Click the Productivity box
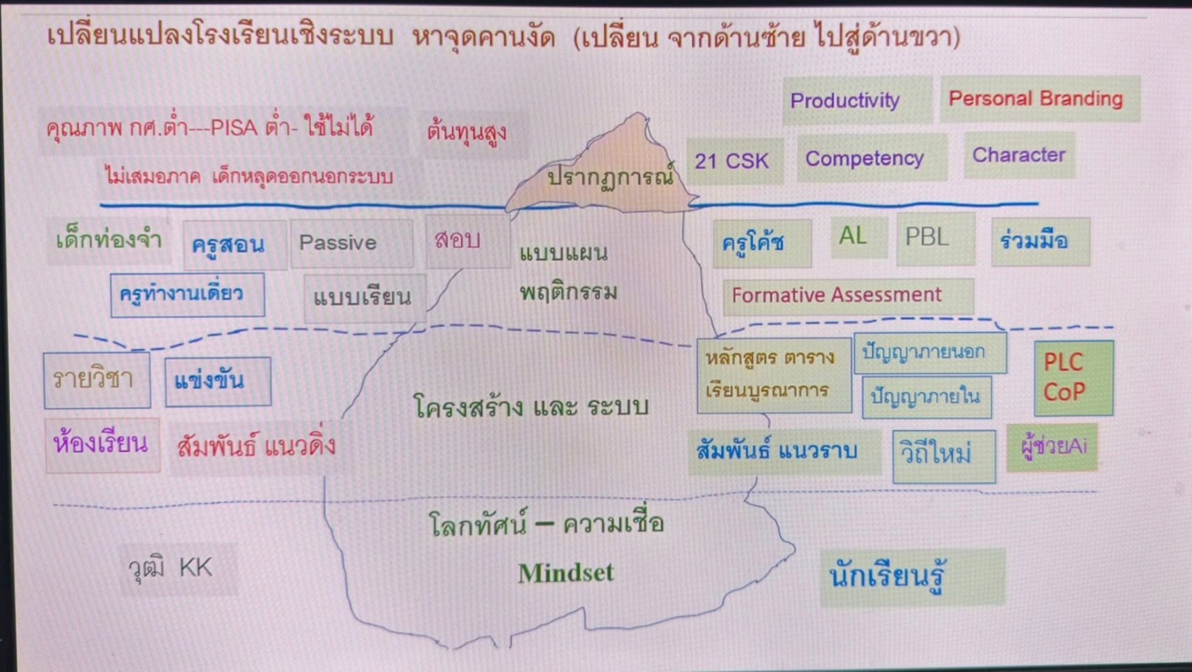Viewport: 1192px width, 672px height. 858,100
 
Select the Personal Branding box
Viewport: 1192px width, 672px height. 1040,99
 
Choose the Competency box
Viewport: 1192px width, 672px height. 872,158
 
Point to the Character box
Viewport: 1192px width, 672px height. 1019,155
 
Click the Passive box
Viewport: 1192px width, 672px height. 352,244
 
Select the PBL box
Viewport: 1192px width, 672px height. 935,239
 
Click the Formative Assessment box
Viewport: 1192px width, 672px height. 849,295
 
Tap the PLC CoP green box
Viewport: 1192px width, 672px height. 1073,378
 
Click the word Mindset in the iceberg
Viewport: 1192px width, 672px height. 566,573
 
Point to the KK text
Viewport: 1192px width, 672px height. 196,568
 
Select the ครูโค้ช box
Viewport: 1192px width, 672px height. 762,244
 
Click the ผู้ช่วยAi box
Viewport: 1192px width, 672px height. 1052,447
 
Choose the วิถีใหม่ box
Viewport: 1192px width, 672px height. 944,456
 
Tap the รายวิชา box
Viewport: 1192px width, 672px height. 97,380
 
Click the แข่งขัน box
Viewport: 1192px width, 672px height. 218,381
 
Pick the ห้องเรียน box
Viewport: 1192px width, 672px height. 103,445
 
